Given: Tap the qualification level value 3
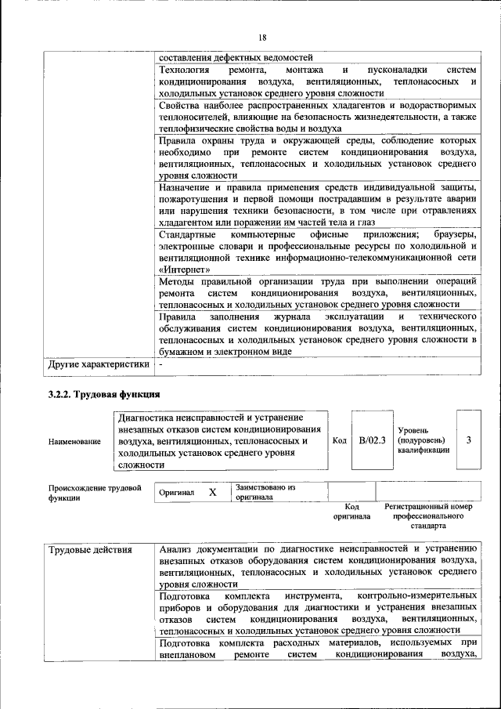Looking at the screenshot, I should [468, 441].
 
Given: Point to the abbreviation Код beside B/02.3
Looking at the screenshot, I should [340, 441].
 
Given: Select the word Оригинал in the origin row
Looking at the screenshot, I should [176, 493].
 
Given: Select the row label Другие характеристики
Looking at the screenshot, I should [98, 364].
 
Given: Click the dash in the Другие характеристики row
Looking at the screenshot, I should [160, 364].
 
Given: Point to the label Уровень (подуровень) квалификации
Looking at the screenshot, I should [424, 440].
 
